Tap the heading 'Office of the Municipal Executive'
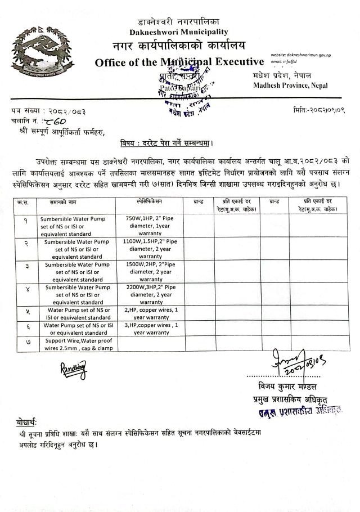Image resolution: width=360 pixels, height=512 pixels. click(x=179, y=62)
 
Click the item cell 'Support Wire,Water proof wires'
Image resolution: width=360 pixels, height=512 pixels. click(x=79, y=344)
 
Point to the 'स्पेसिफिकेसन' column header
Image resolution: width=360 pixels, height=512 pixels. click(x=149, y=201)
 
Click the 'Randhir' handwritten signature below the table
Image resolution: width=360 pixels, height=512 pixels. click(x=74, y=369)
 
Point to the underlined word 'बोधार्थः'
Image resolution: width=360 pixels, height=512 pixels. click(x=26, y=422)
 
